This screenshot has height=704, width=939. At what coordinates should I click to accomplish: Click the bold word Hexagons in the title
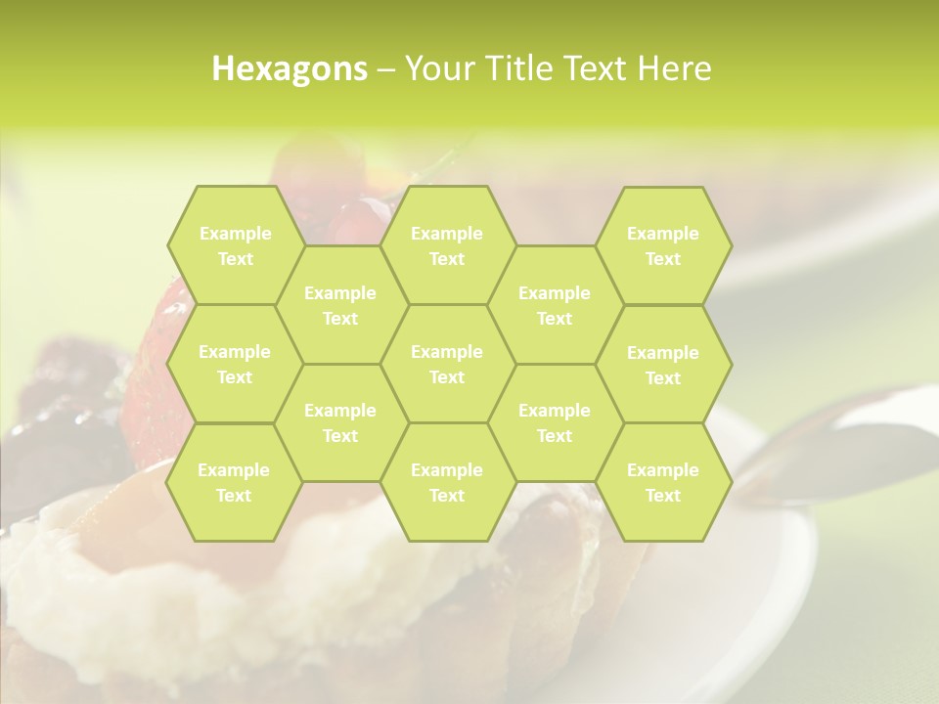point(290,69)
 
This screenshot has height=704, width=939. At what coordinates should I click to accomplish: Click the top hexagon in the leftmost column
point(235,245)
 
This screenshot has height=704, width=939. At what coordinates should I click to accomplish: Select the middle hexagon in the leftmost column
point(235,364)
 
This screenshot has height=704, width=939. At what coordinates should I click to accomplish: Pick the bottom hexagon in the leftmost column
point(234,482)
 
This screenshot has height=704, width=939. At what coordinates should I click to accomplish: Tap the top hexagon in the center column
point(447,245)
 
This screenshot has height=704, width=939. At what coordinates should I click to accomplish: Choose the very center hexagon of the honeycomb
point(447,364)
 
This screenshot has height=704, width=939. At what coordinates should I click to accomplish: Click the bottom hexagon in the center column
point(447,482)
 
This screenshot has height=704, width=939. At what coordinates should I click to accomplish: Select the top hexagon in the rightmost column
point(663,245)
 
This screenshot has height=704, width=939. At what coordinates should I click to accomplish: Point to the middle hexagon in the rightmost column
point(663,365)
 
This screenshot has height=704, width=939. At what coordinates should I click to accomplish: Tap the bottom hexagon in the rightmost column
point(663,482)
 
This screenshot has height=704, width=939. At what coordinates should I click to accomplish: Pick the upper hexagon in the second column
point(340,305)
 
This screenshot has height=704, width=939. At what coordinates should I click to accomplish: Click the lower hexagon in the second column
point(340,422)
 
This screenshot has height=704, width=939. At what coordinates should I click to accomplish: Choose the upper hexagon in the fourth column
point(555,305)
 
